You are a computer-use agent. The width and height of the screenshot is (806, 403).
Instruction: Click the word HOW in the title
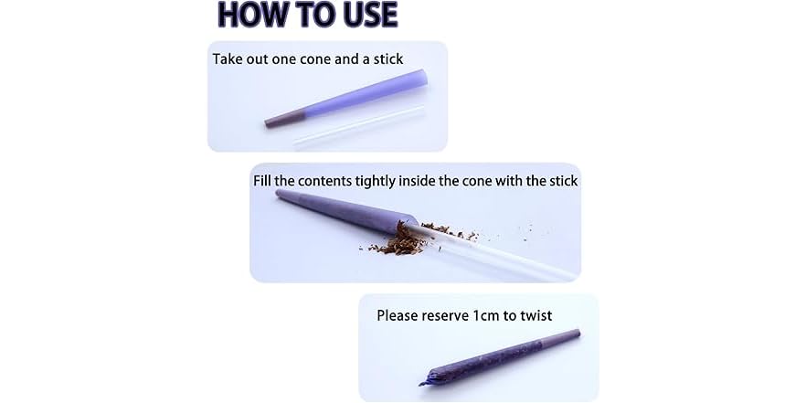pyautogui.click(x=249, y=15)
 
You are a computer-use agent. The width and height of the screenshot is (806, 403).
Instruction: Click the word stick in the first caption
pyautogui.click(x=388, y=58)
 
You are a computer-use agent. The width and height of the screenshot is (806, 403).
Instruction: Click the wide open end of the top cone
pyautogui.click(x=421, y=79)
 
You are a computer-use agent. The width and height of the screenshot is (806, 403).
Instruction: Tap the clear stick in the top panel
pyautogui.click(x=359, y=126)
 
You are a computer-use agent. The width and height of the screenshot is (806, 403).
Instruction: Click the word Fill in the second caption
pyautogui.click(x=262, y=181)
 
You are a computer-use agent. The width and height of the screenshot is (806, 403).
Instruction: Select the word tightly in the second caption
pyautogui.click(x=372, y=182)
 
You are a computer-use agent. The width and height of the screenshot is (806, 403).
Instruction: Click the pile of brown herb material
pyautogui.click(x=397, y=241)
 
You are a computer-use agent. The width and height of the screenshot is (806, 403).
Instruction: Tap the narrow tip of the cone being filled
pyautogui.click(x=279, y=194)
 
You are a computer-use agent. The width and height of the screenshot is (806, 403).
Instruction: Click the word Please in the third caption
pyautogui.click(x=398, y=315)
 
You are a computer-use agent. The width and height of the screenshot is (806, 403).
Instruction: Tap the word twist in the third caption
pyautogui.click(x=536, y=315)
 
